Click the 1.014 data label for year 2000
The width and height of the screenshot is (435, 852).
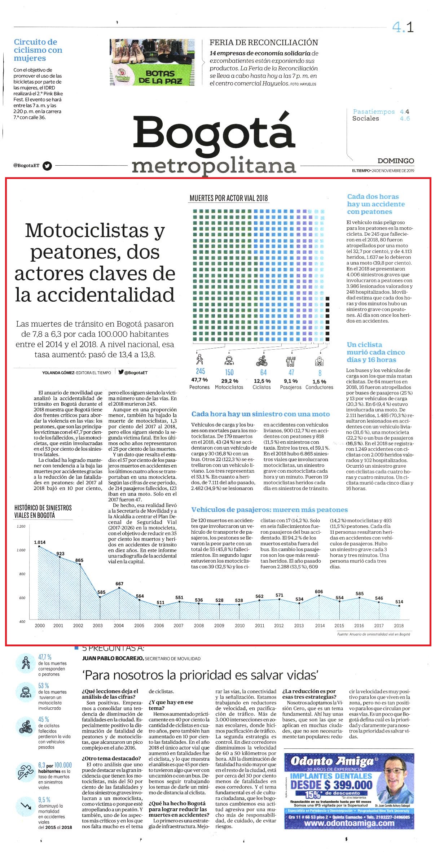(x=40, y=542)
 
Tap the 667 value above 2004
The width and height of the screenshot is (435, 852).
(x=119, y=584)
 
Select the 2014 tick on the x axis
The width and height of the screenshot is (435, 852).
(x=320, y=625)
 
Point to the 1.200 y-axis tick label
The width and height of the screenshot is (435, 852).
(x=21, y=527)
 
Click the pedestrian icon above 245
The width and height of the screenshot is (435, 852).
(x=199, y=359)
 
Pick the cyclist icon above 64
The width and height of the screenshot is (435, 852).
(x=262, y=360)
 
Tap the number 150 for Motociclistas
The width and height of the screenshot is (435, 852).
(x=229, y=372)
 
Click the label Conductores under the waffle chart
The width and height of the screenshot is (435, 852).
(x=319, y=387)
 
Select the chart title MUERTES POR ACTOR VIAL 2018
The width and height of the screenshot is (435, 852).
(x=229, y=198)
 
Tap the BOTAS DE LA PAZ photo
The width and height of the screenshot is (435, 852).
(x=152, y=62)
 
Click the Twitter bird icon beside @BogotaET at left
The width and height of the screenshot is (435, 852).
(x=47, y=166)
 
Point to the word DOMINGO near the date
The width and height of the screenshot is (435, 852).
(x=396, y=161)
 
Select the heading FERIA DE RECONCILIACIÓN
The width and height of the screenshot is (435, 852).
(x=264, y=43)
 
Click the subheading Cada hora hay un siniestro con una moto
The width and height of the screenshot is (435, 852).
(x=261, y=414)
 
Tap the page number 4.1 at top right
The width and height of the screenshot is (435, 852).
(x=403, y=27)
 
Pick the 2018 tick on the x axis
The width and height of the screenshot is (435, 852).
(x=399, y=625)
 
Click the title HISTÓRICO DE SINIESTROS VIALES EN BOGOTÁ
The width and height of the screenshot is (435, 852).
(x=43, y=511)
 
